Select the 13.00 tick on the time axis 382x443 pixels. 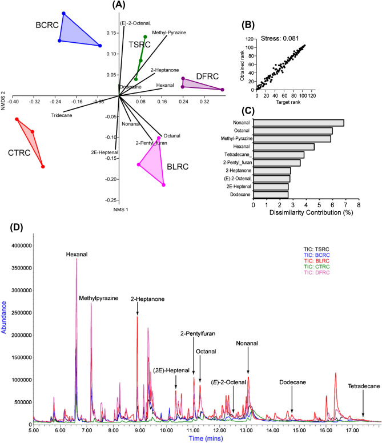click(x=247, y=424)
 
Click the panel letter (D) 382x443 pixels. click(x=18, y=227)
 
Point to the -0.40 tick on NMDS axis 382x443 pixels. click(x=14, y=102)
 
